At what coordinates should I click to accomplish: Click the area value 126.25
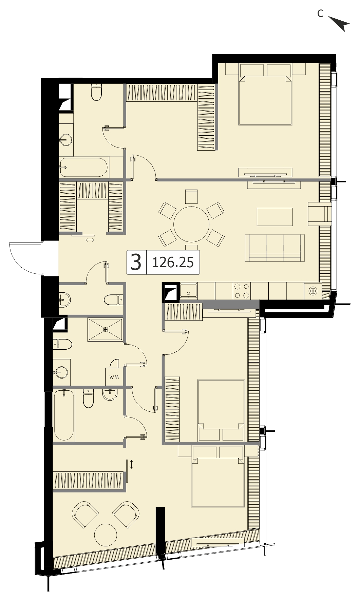173,262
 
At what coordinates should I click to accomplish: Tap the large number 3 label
136,262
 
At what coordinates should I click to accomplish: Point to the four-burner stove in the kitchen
242,291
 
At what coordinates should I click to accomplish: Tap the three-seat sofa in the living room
275,248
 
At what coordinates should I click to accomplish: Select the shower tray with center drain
105,329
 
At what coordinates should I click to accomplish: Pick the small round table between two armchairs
106,535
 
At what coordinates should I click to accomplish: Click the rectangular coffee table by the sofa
274,217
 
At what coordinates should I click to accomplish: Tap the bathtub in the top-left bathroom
83,167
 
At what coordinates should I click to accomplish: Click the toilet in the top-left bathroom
96,92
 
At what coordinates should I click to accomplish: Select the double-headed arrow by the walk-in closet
90,240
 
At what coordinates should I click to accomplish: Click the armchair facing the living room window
319,214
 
